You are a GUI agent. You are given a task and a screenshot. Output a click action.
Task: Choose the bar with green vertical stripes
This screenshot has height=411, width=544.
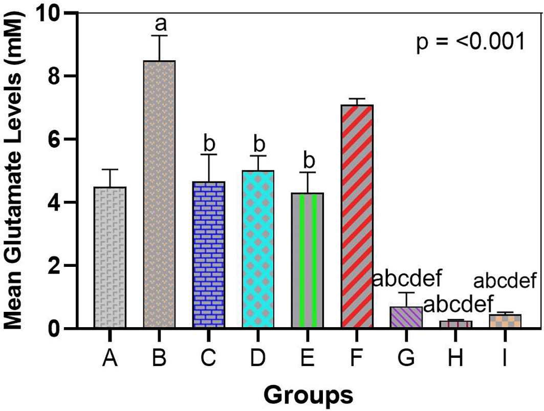[x=308, y=260]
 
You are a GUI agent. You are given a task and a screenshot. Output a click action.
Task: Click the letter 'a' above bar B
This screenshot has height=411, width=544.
[x=159, y=24]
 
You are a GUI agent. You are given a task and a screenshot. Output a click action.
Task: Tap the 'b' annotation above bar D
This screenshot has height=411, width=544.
[x=258, y=144]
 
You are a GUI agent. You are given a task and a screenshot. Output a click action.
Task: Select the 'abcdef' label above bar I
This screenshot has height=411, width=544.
[x=505, y=281]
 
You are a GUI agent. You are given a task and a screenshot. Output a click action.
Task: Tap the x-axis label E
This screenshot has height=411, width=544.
[x=308, y=359]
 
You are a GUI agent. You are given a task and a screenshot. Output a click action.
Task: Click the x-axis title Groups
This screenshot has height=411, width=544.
[x=307, y=395]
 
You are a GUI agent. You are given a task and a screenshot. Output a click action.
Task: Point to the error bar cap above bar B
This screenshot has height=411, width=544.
[x=159, y=35]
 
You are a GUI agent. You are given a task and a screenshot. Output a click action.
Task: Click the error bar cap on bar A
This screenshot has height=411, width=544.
[x=110, y=169]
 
